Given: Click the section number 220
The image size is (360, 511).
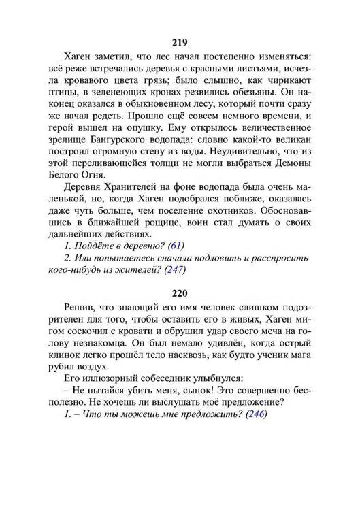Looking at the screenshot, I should (x=179, y=295).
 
